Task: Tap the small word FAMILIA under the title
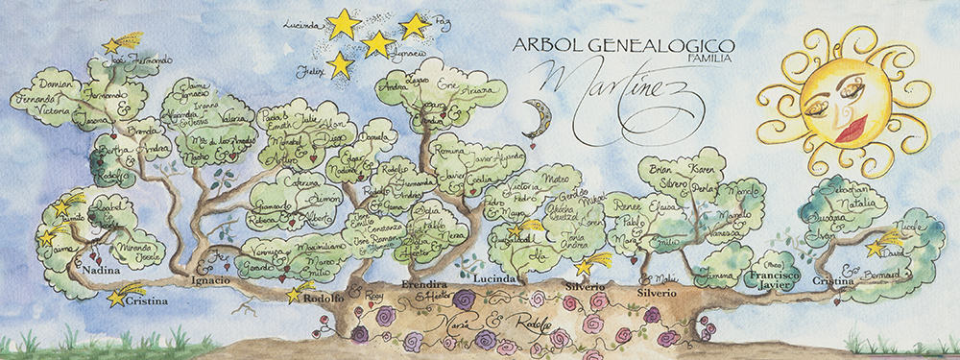tap(713, 60)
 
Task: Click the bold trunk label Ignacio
tap(211, 279)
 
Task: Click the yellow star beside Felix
tap(339, 64)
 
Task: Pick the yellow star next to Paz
tap(414, 27)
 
